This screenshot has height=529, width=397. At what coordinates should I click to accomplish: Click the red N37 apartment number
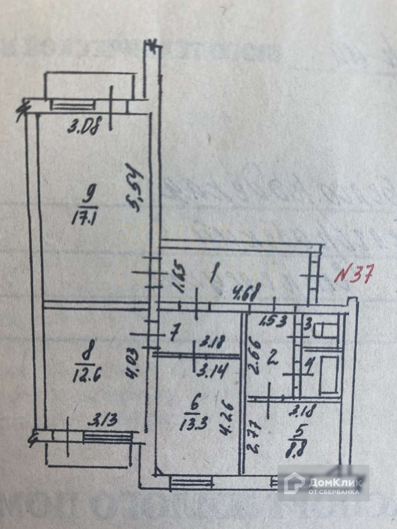click(x=355, y=274)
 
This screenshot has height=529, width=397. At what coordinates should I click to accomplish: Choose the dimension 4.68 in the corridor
click(x=246, y=294)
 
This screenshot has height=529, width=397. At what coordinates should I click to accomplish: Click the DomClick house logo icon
click(x=294, y=483)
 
